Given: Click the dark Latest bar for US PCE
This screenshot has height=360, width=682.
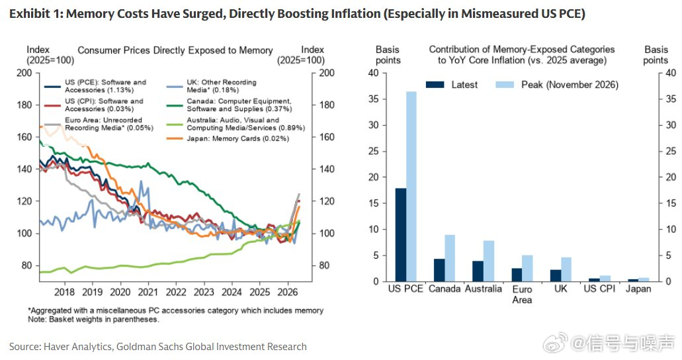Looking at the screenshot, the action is pos(401,235).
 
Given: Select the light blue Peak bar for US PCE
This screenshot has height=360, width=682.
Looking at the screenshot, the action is pos(411,187).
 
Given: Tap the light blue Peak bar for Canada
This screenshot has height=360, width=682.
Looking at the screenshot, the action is pos(450,258).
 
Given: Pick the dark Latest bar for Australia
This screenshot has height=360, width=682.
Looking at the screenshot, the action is pos(478,271).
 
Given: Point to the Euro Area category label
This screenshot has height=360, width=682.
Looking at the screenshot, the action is pos(522,294).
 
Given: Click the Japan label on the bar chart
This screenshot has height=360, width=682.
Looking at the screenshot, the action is pos(638,289).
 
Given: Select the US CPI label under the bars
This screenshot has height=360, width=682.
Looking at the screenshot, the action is pos(599,289).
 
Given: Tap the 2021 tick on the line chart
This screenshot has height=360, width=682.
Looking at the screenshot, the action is pos(148,292).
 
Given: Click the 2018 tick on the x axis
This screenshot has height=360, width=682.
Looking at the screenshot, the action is pos(64,292).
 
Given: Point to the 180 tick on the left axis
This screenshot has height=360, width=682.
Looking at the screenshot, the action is pos(24,105).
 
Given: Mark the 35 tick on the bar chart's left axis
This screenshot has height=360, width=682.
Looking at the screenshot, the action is pos(374,99).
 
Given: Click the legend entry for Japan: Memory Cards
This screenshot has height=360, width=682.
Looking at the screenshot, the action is pos(228,139).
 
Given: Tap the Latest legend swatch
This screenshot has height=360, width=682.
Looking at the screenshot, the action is pos(435,85).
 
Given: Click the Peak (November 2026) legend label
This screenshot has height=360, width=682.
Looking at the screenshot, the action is pos(570,85).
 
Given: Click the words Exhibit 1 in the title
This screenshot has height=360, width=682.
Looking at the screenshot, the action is pos(36,13).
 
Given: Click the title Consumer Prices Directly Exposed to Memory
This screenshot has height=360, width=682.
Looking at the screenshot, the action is pos(175,50).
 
